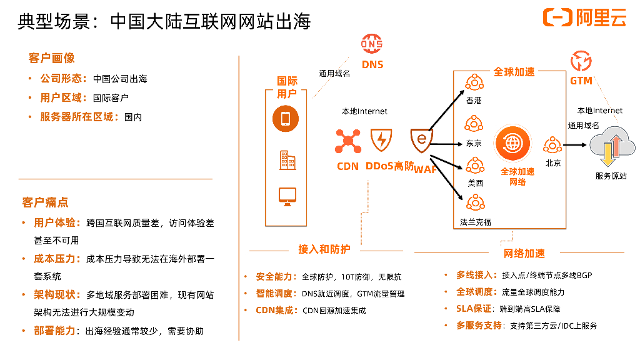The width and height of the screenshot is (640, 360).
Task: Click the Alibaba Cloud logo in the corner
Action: pos(584,18)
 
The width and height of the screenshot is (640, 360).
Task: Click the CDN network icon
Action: pos(347,141)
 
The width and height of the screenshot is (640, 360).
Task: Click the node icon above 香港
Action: pos(474,82)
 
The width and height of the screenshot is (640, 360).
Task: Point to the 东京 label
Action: pos(474,143)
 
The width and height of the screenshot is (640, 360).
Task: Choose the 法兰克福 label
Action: pos(476,222)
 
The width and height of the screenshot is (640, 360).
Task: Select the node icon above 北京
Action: pos(552,145)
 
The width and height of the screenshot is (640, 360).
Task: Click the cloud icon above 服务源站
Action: pos(612,146)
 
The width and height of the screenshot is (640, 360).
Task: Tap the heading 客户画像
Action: pos(51,58)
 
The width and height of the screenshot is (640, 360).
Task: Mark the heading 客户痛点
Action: pos(45,202)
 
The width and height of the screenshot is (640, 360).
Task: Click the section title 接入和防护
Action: pos(324,249)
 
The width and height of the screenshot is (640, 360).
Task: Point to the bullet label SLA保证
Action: pos(474,309)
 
